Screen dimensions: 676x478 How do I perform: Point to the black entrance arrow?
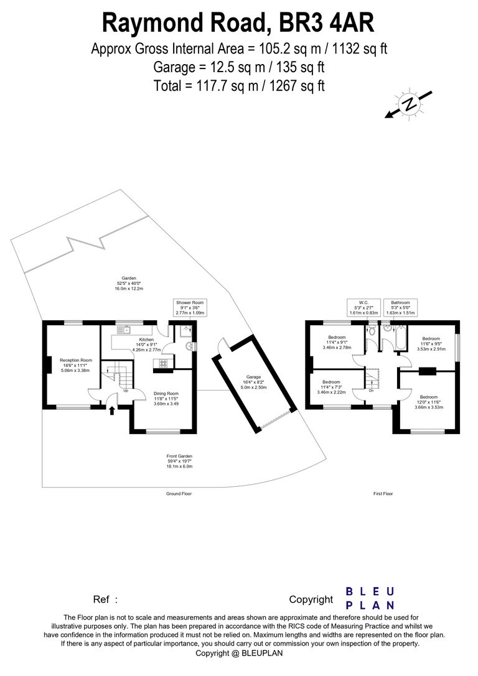point(112,409)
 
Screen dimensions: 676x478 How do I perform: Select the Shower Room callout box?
point(190,308)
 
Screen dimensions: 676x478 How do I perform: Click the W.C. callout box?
point(363,308)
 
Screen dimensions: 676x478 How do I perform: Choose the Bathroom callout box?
point(400,308)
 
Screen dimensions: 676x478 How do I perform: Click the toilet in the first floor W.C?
point(372,330)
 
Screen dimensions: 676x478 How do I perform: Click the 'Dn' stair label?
point(372,390)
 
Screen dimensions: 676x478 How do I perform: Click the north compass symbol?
point(409,104)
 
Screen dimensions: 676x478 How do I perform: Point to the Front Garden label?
point(179,461)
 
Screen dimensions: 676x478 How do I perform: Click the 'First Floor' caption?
point(383,494)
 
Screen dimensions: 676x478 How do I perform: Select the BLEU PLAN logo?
point(370,598)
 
